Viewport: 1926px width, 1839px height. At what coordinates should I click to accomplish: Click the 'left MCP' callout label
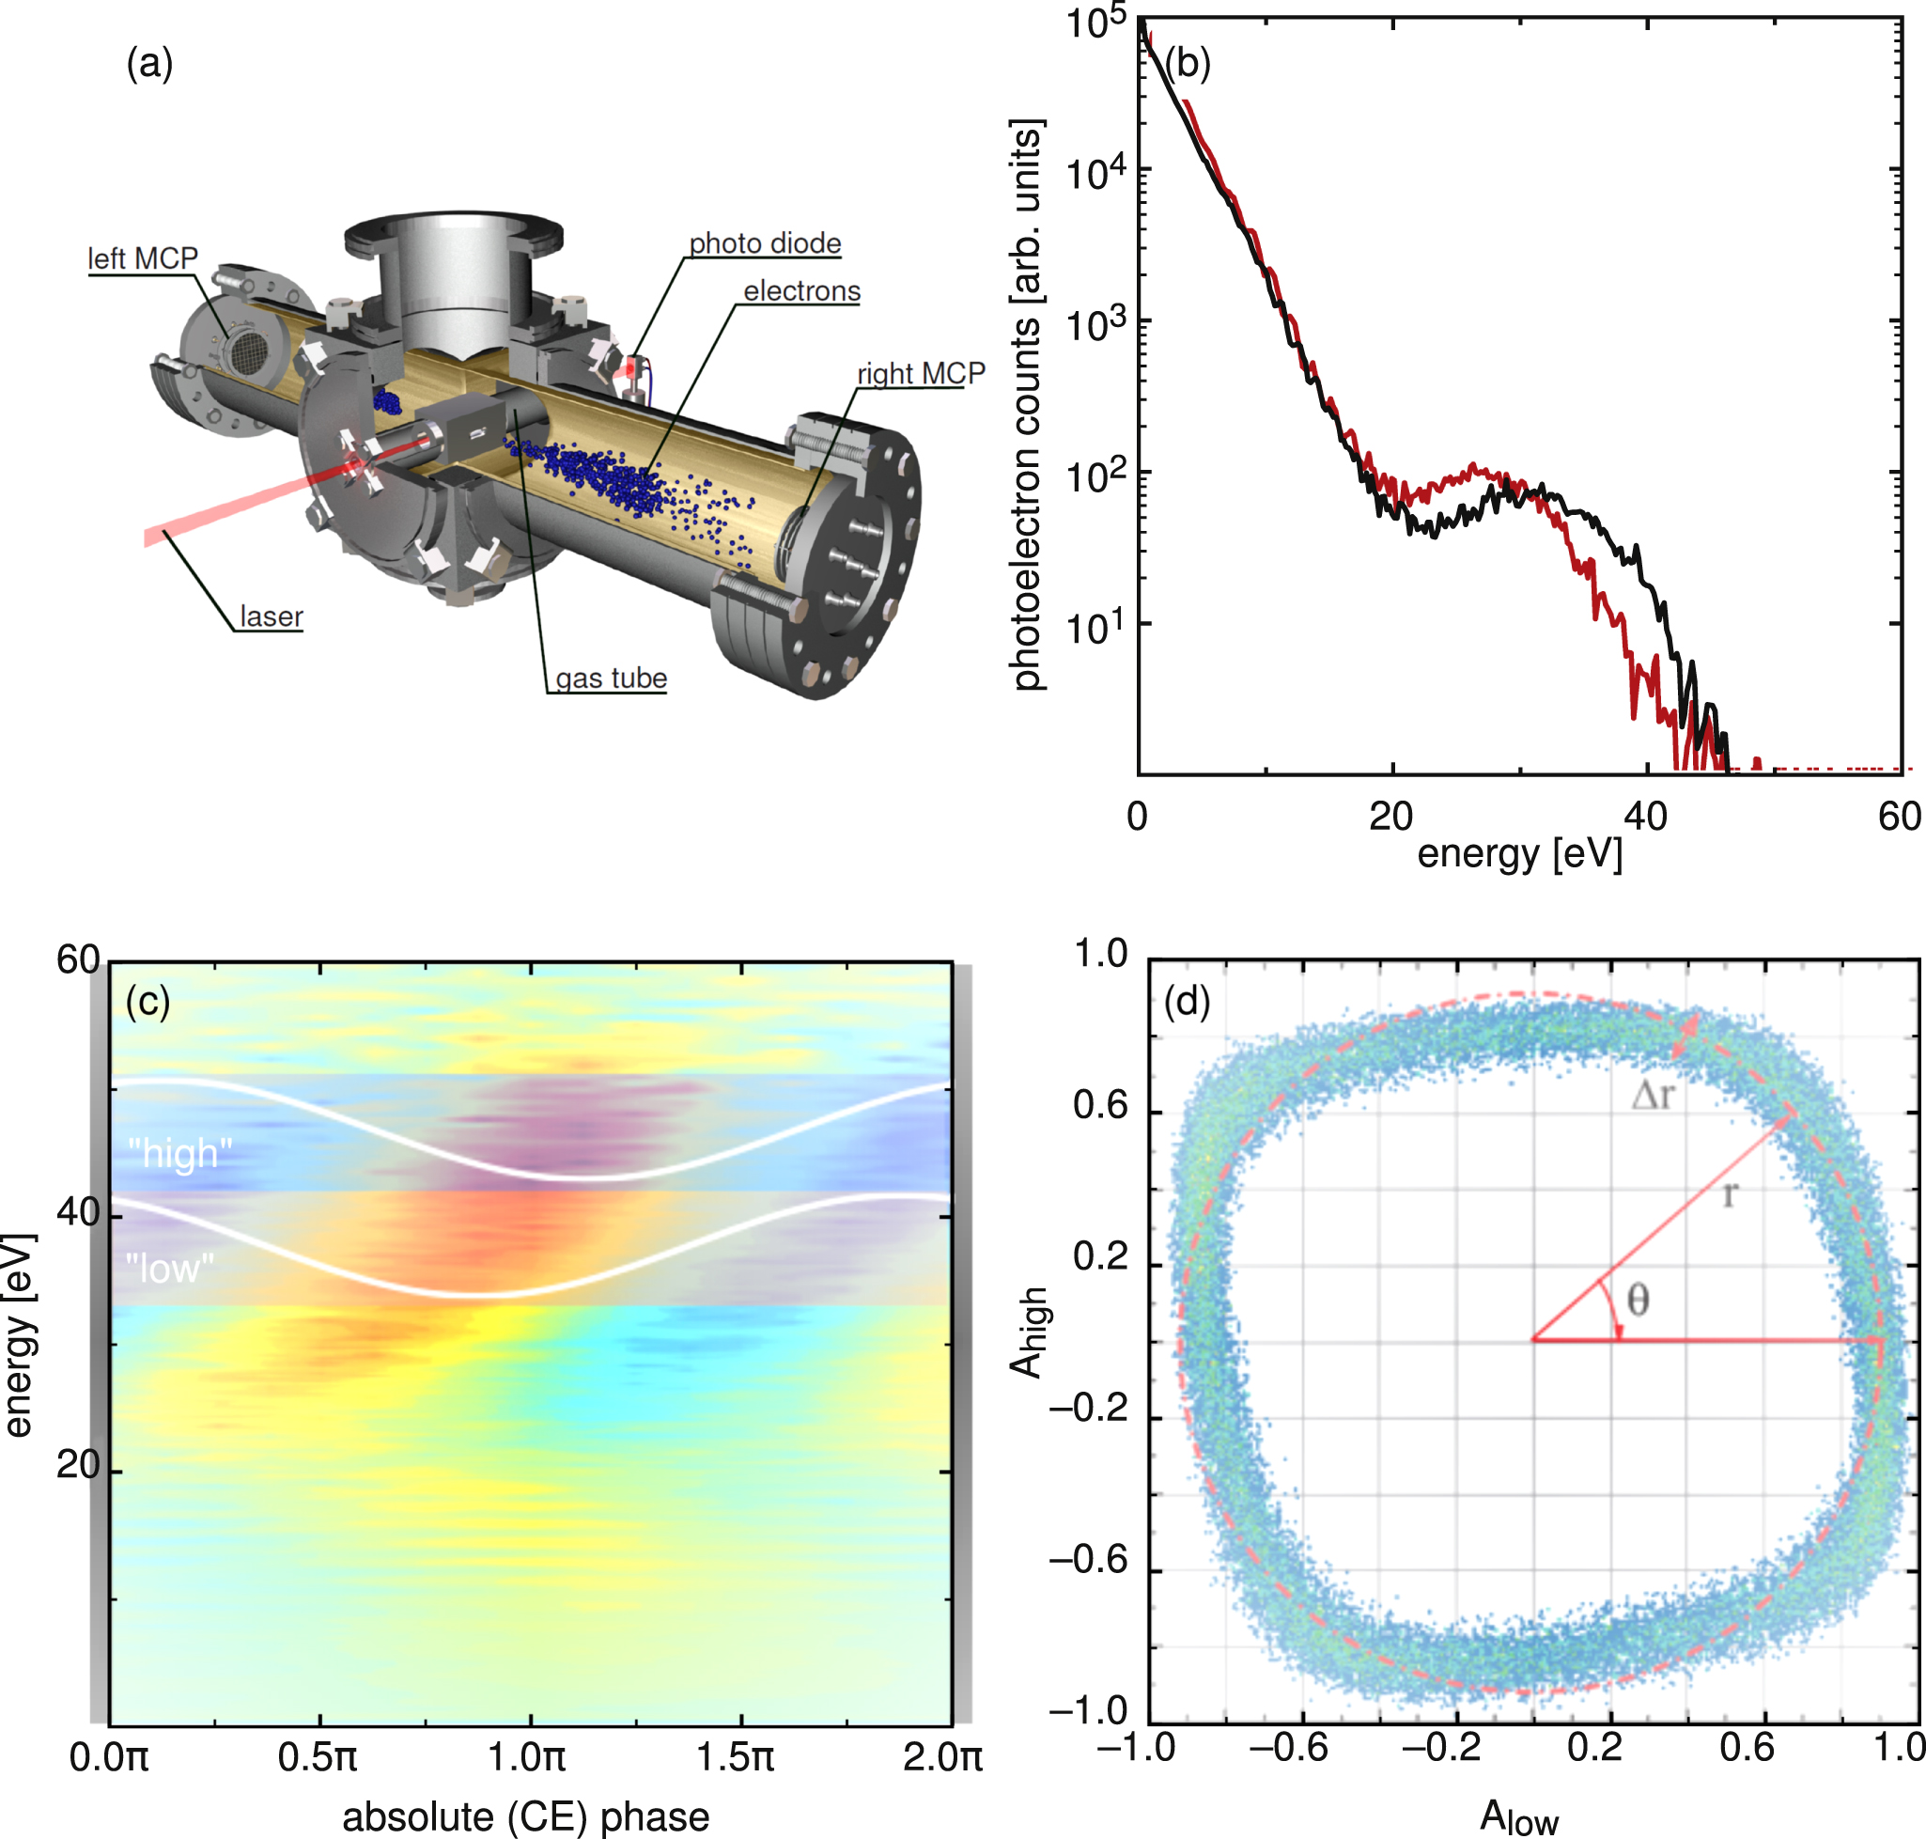[x=143, y=258]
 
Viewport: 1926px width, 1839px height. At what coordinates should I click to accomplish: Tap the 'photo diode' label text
[x=765, y=243]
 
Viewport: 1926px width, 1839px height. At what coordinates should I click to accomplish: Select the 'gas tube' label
[x=611, y=678]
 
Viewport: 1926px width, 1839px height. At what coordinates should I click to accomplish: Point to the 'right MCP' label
[x=921, y=373]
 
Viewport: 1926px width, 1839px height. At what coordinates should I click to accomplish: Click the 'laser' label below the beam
[x=272, y=616]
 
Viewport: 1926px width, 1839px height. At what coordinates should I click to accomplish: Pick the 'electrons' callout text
[x=800, y=291]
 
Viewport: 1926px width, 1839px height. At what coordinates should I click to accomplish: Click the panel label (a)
[x=150, y=64]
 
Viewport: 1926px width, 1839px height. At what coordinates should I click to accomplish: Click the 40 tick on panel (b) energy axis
[x=1645, y=817]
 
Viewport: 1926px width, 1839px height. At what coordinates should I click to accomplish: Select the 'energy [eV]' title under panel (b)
[x=1519, y=854]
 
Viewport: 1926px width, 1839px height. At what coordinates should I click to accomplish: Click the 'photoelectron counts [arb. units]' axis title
[x=1026, y=405]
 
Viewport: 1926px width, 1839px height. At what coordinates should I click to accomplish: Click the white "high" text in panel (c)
[x=180, y=1154]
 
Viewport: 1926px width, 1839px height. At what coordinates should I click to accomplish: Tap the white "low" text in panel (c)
[x=169, y=1269]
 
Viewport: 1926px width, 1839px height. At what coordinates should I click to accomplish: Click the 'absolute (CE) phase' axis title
[x=525, y=1816]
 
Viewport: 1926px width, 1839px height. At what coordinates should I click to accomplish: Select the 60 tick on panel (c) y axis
[x=77, y=959]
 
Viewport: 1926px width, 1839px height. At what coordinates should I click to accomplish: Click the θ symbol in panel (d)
[x=1638, y=1300]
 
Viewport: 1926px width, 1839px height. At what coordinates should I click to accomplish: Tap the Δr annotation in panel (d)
[x=1653, y=1095]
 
